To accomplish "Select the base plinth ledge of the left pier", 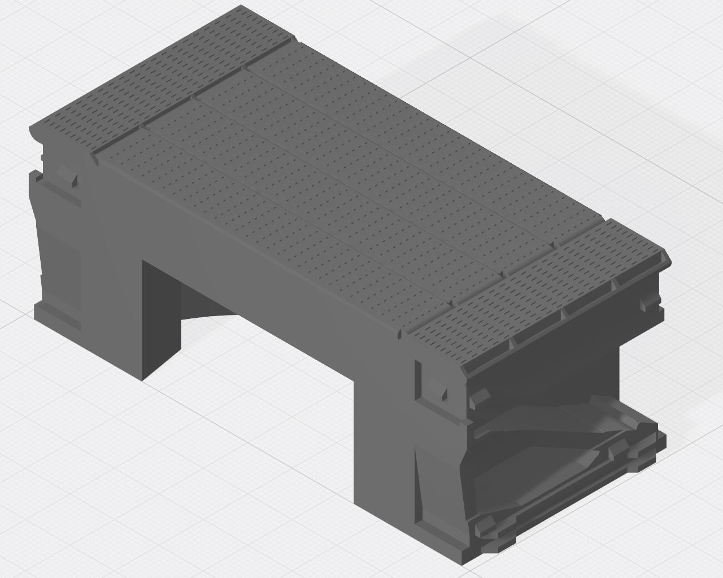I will pos(56,316).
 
